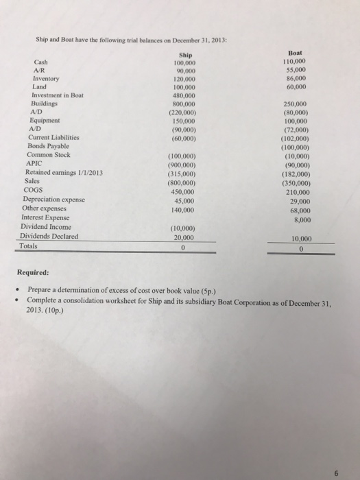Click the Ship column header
185,56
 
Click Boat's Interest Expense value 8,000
304,201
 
